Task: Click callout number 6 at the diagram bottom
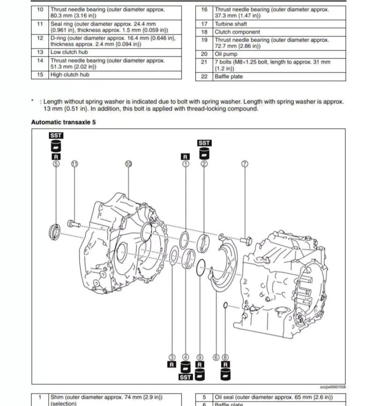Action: click(x=216, y=357)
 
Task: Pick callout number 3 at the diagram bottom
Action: click(x=172, y=357)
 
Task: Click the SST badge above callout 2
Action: click(x=204, y=143)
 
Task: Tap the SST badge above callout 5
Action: click(x=56, y=135)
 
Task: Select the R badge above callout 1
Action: click(x=185, y=157)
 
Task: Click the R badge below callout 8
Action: click(x=226, y=364)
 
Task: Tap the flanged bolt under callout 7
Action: click(x=246, y=240)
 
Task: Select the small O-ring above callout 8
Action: click(x=226, y=306)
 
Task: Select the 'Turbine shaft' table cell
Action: click(x=231, y=23)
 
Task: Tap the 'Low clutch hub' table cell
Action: click(x=70, y=52)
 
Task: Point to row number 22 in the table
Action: click(x=204, y=76)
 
